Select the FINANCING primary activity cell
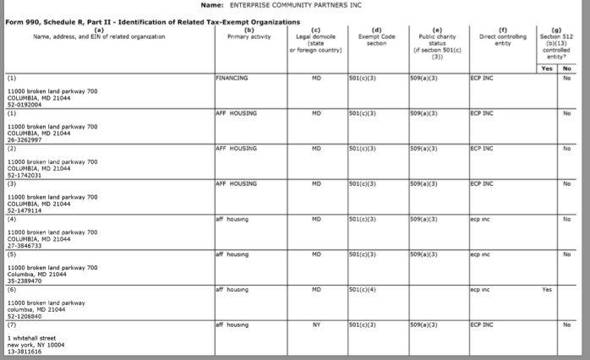pos(232,78)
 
